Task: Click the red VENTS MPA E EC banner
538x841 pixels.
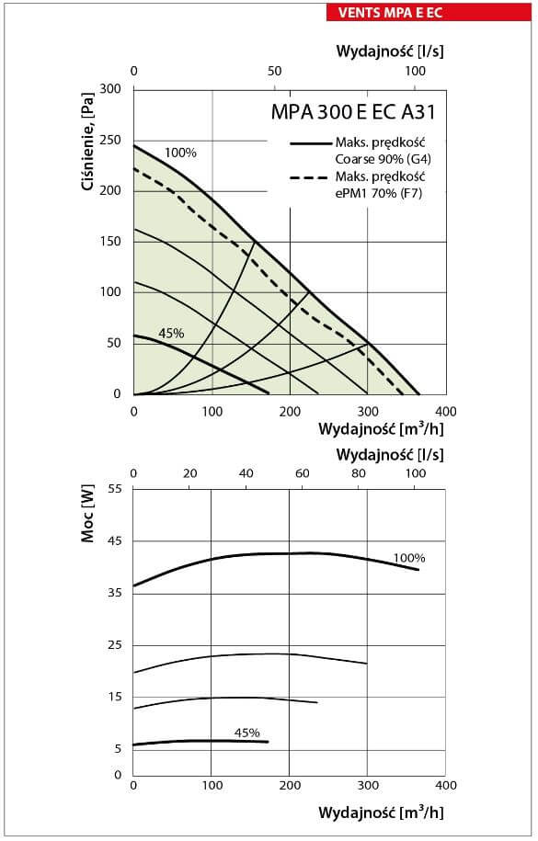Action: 429,12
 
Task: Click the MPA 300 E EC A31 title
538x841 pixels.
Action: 353,111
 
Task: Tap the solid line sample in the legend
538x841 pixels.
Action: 311,143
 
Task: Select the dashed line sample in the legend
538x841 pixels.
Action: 309,177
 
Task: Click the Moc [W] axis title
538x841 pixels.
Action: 87,514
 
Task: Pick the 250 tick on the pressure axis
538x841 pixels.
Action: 110,140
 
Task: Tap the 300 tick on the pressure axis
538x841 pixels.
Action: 110,88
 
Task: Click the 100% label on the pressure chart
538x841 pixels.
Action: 180,153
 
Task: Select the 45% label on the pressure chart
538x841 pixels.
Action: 171,334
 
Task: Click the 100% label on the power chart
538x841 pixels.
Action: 409,558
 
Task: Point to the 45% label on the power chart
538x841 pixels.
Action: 247,733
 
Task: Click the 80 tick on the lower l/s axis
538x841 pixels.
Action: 359,473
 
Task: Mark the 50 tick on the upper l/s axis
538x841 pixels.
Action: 274,71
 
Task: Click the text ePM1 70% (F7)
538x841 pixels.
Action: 379,193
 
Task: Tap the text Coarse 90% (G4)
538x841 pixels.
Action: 383,159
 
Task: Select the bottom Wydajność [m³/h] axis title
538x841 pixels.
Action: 382,812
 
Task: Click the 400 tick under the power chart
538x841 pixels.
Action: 446,785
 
